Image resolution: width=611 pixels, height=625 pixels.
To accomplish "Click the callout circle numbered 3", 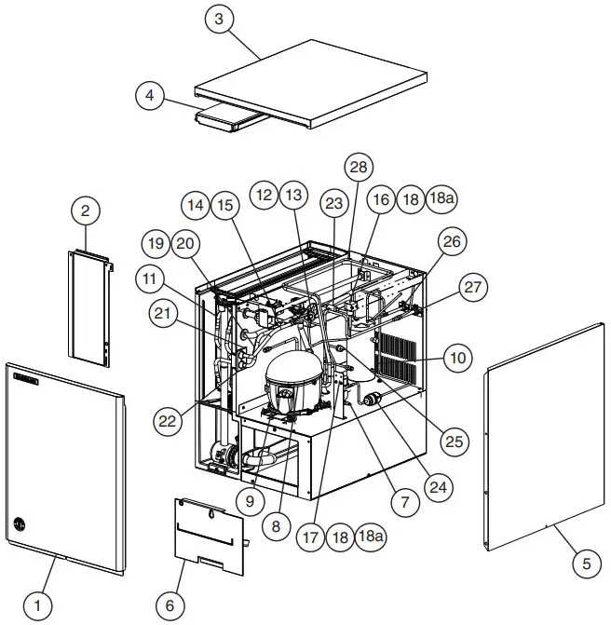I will point(218,22).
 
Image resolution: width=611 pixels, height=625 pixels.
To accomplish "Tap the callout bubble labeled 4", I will point(151,95).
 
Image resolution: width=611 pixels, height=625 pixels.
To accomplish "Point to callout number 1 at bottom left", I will point(37,607).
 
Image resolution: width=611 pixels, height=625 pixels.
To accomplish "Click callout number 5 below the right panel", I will point(586,563).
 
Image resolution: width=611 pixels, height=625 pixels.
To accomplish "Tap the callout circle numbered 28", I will point(358,167).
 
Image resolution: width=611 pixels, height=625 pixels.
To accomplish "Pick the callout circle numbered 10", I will point(456,357).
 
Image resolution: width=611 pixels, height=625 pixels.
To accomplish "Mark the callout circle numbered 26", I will point(451,243).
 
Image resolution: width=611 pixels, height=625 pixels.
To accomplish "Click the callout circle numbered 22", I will point(167,421).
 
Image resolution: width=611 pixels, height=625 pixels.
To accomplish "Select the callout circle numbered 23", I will point(333,203).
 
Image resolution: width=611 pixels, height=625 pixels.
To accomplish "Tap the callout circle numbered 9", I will point(251,500).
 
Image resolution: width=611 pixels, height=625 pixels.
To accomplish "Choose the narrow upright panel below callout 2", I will point(89,307).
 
